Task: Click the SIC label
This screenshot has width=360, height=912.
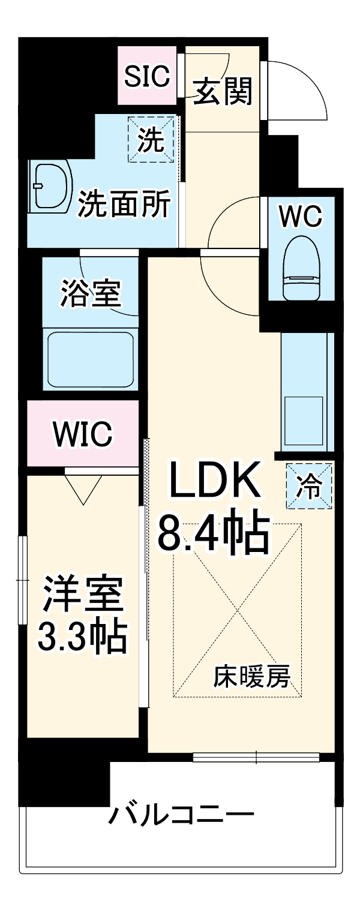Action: click(148, 76)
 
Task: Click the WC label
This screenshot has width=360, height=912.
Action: click(301, 216)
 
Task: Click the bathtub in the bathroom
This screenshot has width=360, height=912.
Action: click(91, 359)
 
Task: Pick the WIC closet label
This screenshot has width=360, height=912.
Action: click(83, 434)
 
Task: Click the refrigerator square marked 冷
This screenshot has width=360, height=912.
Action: click(309, 485)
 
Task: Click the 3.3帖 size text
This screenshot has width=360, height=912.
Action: click(82, 637)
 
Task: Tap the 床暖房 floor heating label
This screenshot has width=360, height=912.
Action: click(252, 677)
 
